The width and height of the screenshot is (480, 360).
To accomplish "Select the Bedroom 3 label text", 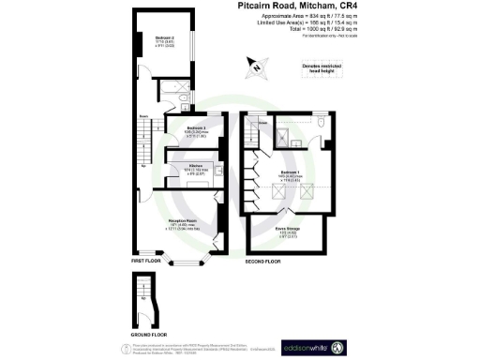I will tap(195, 127).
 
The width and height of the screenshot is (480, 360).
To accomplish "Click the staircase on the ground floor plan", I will tap(142, 296).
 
